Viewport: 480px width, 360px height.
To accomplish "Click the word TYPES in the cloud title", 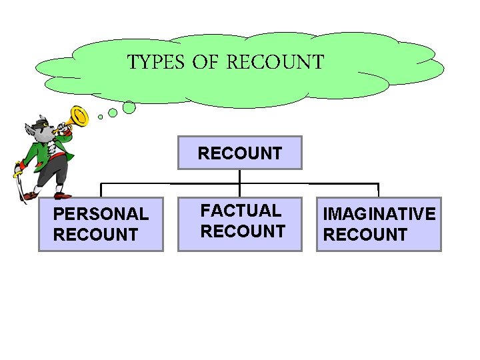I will [155, 63].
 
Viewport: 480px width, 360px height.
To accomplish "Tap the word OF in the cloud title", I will [206, 63].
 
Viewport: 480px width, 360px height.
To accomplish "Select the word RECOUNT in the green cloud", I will [275, 63].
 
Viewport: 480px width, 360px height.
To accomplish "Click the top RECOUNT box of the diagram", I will [239, 153].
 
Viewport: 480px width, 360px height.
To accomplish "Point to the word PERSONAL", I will [101, 214].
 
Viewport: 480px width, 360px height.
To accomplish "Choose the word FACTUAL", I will [241, 211].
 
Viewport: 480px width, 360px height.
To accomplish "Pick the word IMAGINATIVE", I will [379, 214].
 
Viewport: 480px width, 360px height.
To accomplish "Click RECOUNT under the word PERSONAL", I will [95, 235].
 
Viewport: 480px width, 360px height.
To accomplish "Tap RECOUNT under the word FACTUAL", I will [243, 231].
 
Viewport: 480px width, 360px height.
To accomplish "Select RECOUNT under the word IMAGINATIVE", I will [365, 235].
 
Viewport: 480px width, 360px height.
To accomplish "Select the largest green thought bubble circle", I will [129, 107].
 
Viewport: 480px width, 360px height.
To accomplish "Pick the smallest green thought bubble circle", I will [101, 117].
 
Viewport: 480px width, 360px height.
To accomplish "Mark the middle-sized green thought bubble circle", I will [113, 113].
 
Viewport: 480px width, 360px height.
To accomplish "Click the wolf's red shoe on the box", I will [62, 195].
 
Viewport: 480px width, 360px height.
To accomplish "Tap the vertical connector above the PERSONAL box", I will [101, 190].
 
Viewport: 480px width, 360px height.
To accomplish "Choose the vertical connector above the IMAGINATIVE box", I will [378, 190].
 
